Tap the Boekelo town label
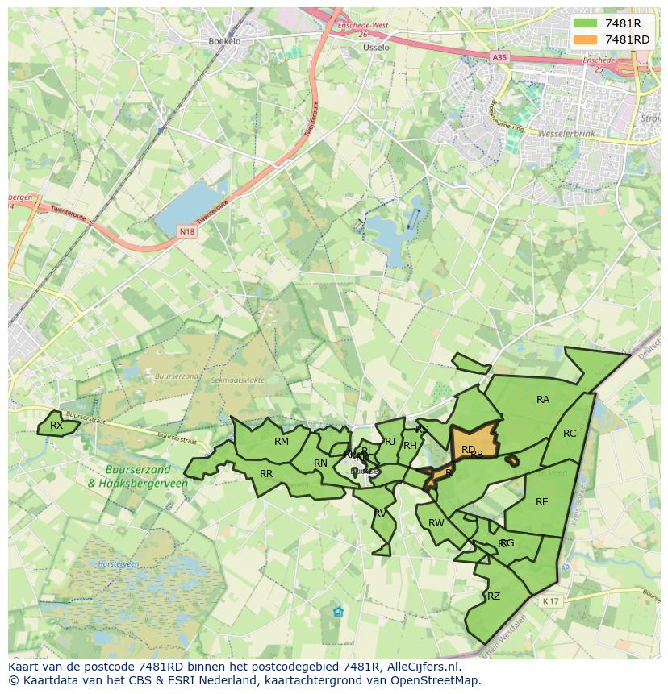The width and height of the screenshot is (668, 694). tap(224, 40)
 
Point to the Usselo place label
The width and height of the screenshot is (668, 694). tap(376, 48)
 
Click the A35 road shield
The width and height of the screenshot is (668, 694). tap(500, 57)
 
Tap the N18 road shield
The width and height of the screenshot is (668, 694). tap(186, 232)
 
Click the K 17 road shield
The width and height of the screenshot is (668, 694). tap(551, 600)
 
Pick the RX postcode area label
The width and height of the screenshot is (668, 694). tap(56, 425)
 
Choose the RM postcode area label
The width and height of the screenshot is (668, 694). tap(282, 441)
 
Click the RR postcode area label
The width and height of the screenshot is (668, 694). tap(266, 473)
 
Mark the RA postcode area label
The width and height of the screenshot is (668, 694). tap(543, 399)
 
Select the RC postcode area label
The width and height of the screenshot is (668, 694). tap(570, 433)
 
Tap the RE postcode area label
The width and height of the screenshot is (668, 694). tap(542, 501)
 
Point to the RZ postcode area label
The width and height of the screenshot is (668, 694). tap(494, 596)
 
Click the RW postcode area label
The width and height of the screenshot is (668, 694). tap(436, 522)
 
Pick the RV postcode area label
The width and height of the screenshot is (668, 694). tap(380, 513)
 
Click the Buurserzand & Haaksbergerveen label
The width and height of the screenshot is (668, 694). tap(138, 476)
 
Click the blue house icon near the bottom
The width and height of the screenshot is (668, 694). tap(338, 612)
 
